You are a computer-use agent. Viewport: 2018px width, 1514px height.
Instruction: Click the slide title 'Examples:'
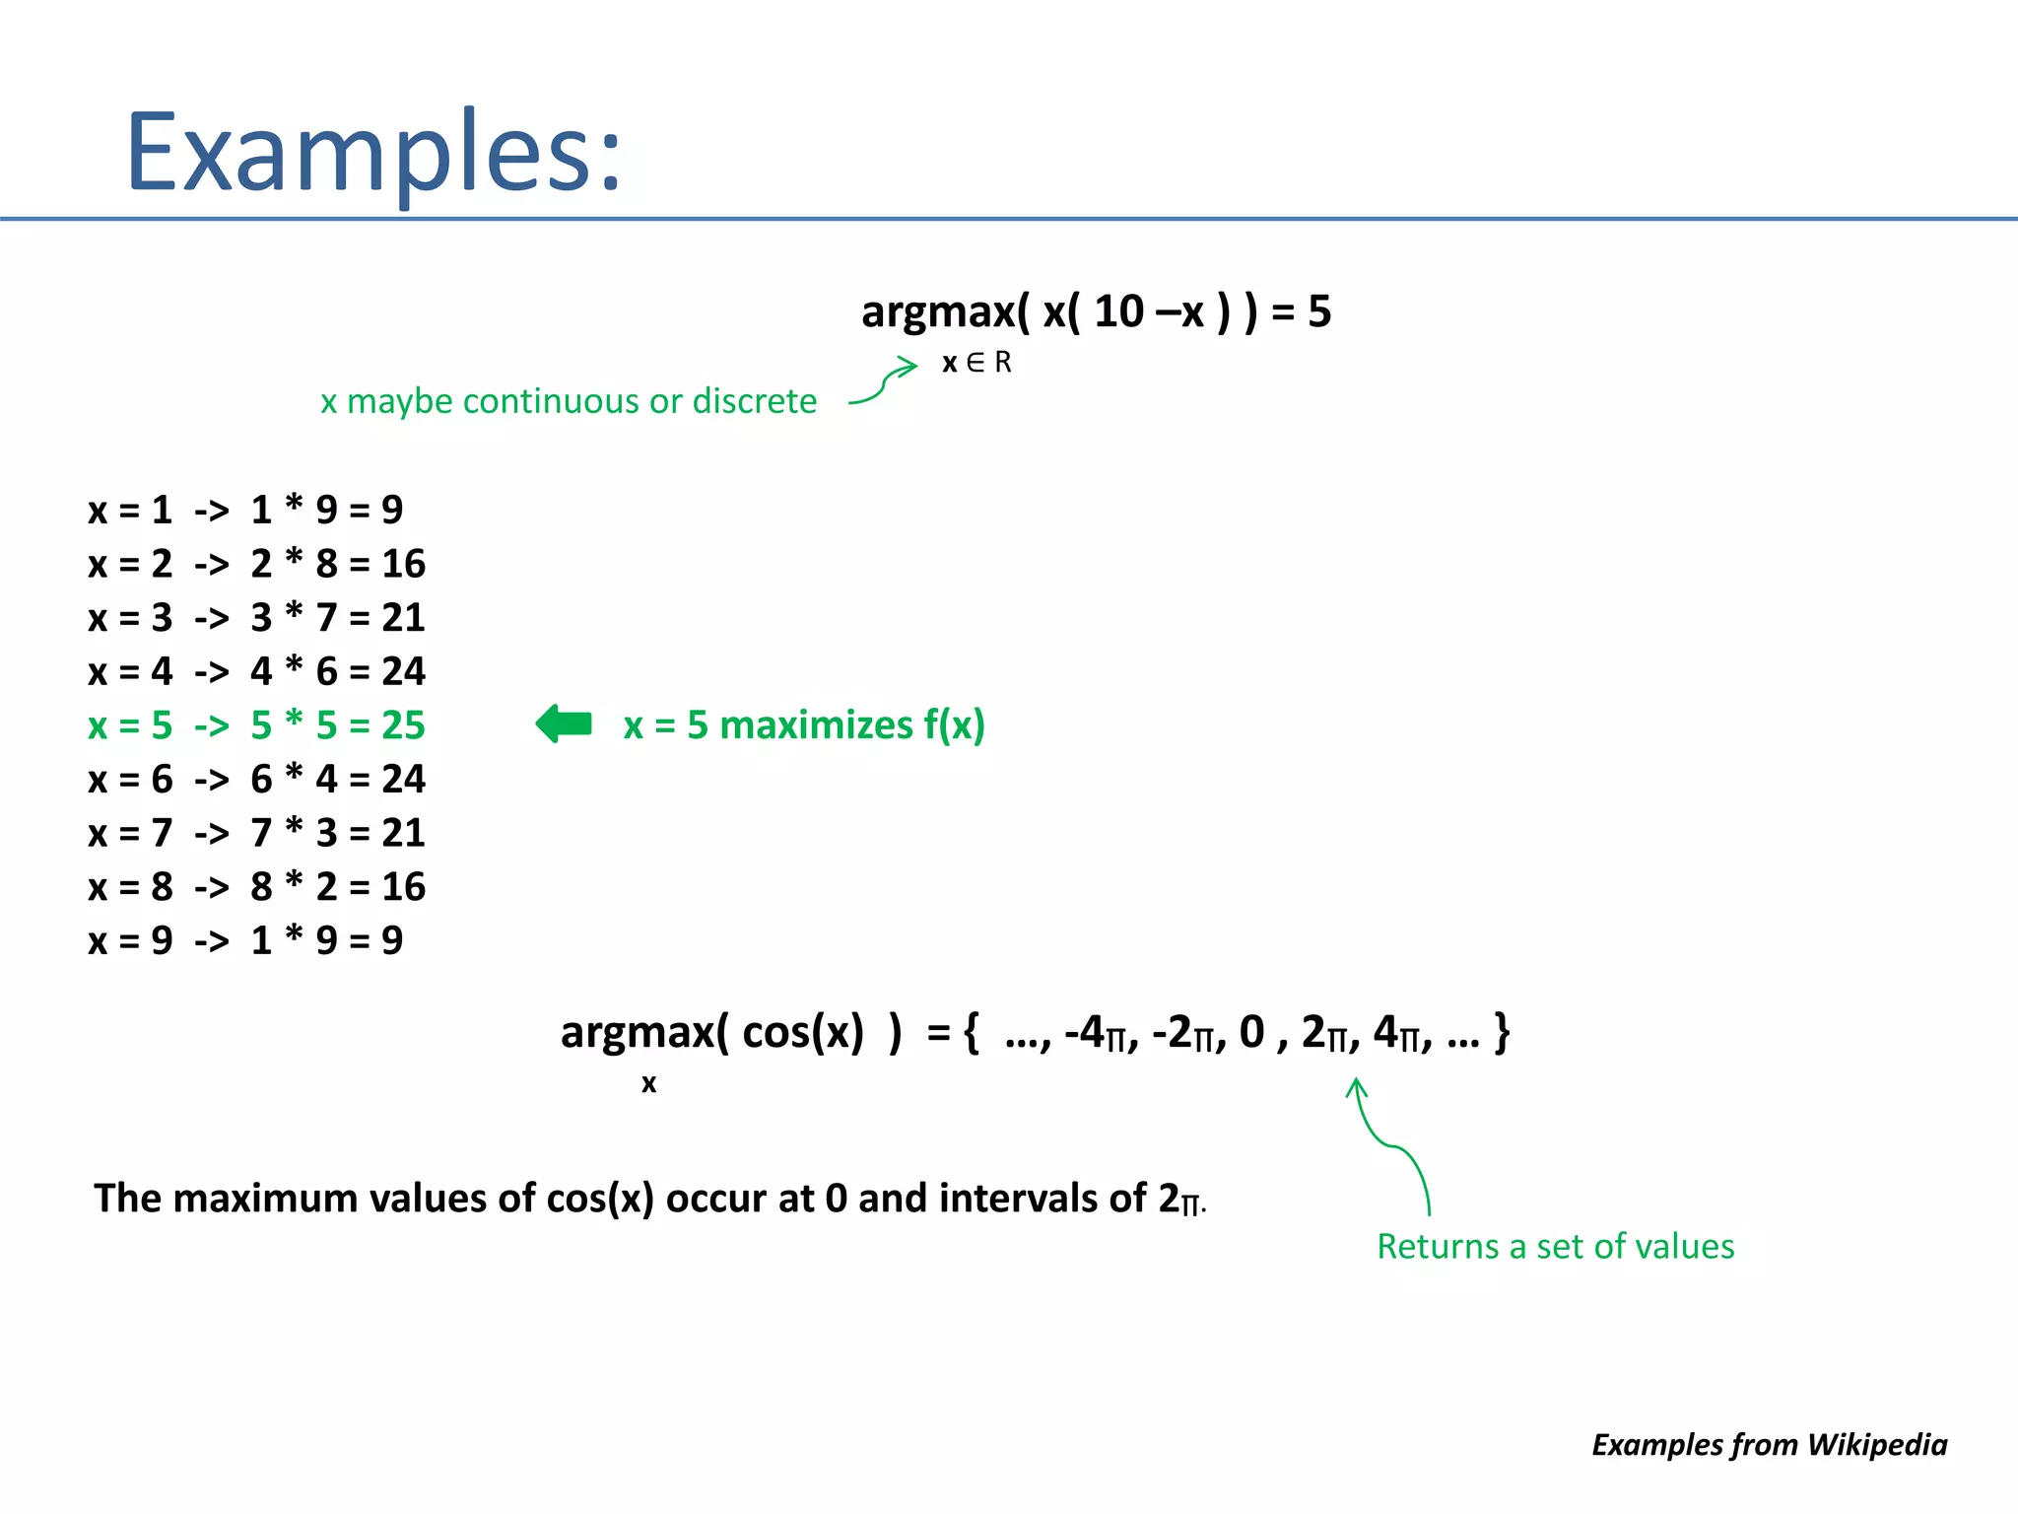tap(374, 153)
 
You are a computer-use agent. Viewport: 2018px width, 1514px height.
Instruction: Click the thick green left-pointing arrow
tap(564, 724)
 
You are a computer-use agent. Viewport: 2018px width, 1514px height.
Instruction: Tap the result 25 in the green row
tap(403, 725)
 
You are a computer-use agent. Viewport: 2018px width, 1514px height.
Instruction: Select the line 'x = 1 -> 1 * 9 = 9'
tap(245, 510)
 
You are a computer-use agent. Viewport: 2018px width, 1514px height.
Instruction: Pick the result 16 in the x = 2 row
tap(403, 564)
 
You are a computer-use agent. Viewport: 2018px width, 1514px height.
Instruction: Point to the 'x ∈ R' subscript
tap(976, 363)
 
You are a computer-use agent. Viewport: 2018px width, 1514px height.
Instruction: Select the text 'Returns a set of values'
tap(1555, 1247)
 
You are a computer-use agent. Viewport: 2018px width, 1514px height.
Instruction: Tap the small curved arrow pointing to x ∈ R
tap(885, 382)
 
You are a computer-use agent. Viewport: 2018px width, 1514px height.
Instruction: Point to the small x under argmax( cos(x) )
tap(648, 1083)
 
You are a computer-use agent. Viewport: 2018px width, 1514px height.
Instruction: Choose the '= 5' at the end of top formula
tap(1301, 311)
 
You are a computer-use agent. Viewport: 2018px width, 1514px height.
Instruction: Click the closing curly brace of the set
tap(1501, 1033)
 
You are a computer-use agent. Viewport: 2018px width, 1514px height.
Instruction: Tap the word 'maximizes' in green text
tap(817, 725)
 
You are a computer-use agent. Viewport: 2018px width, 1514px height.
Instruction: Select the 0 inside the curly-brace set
tap(1251, 1032)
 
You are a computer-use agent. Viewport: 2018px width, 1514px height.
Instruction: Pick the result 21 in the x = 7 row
tap(403, 833)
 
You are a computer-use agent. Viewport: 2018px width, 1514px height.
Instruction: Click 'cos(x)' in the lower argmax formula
tap(802, 1032)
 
